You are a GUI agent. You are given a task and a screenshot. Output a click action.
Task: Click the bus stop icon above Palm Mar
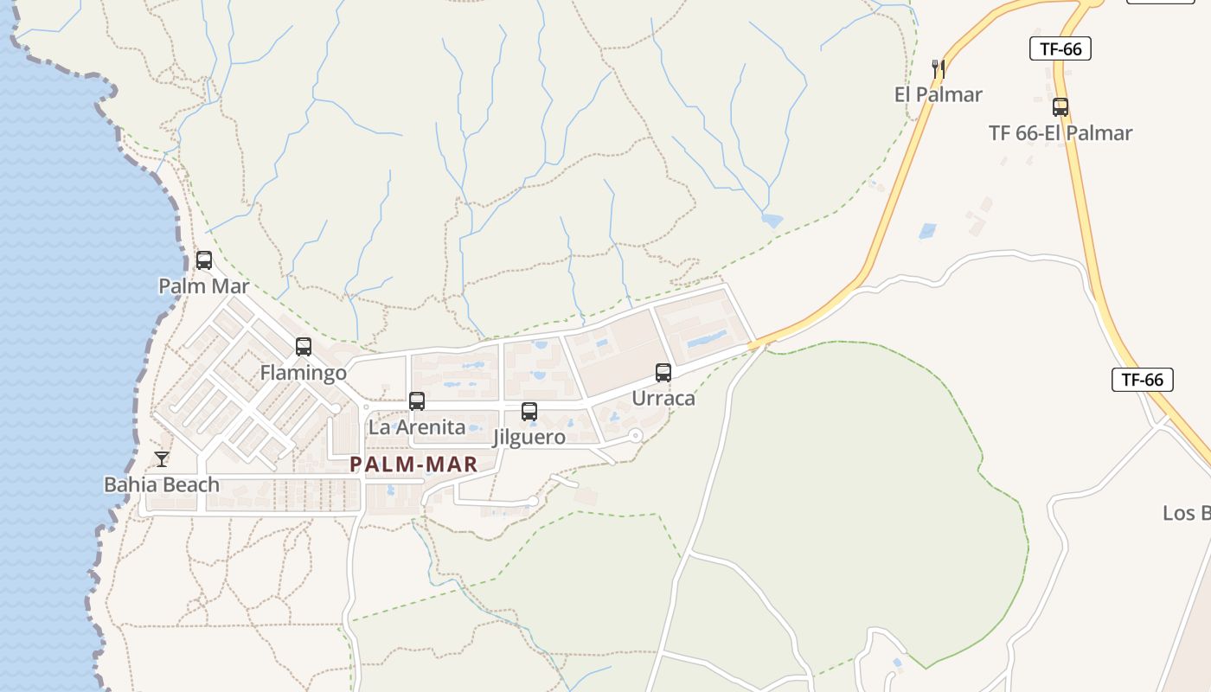[204, 259]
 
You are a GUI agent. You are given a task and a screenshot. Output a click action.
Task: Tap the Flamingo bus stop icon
[304, 347]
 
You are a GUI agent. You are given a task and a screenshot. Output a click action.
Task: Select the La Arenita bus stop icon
[417, 401]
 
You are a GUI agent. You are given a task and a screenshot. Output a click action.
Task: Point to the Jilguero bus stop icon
[529, 412]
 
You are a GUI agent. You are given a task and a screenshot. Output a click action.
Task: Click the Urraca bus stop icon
[663, 373]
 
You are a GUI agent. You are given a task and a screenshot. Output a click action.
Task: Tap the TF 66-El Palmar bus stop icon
[1060, 107]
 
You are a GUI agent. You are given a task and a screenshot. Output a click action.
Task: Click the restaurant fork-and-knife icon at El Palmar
[938, 68]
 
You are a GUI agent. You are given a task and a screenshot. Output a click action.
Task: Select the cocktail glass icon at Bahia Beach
[162, 458]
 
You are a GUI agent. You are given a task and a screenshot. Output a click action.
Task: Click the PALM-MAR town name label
[413, 465]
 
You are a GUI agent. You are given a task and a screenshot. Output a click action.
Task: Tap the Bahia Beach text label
[162, 484]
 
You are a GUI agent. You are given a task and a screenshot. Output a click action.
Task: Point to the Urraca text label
[663, 399]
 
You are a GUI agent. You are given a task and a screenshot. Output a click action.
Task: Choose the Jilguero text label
[529, 437]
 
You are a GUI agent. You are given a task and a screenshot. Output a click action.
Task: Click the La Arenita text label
[417, 427]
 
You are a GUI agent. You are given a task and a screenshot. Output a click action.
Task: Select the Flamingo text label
[304, 373]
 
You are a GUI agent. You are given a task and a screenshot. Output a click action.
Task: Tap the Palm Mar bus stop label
[204, 285]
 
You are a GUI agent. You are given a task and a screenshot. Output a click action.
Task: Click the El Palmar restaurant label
[938, 94]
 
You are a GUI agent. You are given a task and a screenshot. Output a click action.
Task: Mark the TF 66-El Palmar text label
[1060, 133]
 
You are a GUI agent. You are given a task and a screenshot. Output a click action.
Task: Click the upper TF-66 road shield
[1060, 48]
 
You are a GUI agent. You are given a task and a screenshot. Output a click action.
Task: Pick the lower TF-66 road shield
[1142, 379]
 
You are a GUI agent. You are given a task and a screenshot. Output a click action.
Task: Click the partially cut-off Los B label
[1187, 513]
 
